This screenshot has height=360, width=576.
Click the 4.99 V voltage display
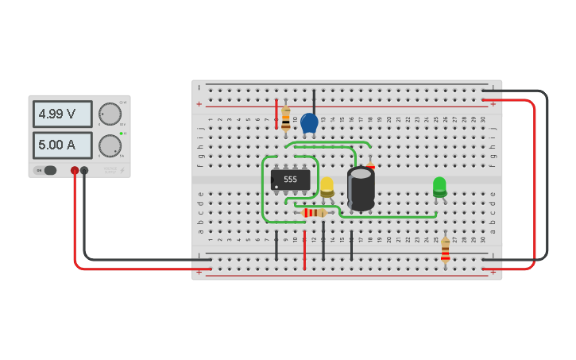(x=62, y=114)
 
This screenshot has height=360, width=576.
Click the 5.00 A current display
(x=62, y=145)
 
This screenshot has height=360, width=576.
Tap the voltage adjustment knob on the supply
(x=109, y=114)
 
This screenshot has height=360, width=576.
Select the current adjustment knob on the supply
(x=109, y=145)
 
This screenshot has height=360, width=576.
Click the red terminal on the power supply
(x=75, y=170)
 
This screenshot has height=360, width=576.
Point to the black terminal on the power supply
(x=84, y=170)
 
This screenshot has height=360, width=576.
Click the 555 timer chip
(x=290, y=180)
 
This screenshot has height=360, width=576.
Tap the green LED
(x=439, y=187)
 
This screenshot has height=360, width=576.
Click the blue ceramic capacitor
(x=309, y=123)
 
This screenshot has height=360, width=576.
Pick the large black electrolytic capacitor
(x=361, y=188)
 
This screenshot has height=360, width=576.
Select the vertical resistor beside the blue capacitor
(x=286, y=118)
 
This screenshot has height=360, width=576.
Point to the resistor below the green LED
(x=445, y=250)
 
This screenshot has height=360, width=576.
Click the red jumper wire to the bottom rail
(x=304, y=250)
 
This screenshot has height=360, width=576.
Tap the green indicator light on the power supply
(x=121, y=134)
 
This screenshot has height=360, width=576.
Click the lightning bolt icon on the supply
(x=122, y=170)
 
